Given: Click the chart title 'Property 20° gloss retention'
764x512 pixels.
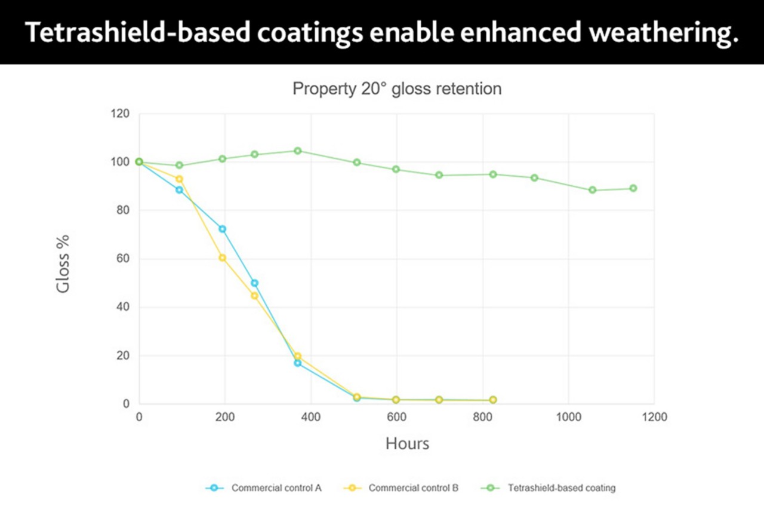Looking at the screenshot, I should tap(397, 89).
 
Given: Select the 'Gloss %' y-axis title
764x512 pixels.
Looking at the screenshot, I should tap(63, 263).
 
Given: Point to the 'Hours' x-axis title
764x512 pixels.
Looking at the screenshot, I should tap(407, 444).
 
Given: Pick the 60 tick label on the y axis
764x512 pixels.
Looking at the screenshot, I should tap(122, 259).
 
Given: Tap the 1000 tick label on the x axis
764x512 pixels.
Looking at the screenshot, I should tap(568, 418).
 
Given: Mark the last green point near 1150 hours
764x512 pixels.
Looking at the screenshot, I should tap(633, 188).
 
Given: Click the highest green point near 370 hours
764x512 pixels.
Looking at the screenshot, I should tap(297, 151).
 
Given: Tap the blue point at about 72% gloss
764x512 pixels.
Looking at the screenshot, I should tap(223, 229).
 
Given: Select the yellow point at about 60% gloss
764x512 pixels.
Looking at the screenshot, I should tap(223, 257).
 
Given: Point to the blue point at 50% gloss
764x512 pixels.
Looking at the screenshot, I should tap(254, 283).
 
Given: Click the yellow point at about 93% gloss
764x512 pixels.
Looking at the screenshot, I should tap(179, 179).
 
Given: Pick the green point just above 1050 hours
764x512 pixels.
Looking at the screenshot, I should tap(592, 190).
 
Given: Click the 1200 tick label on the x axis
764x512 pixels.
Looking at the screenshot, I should tap(654, 418).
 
